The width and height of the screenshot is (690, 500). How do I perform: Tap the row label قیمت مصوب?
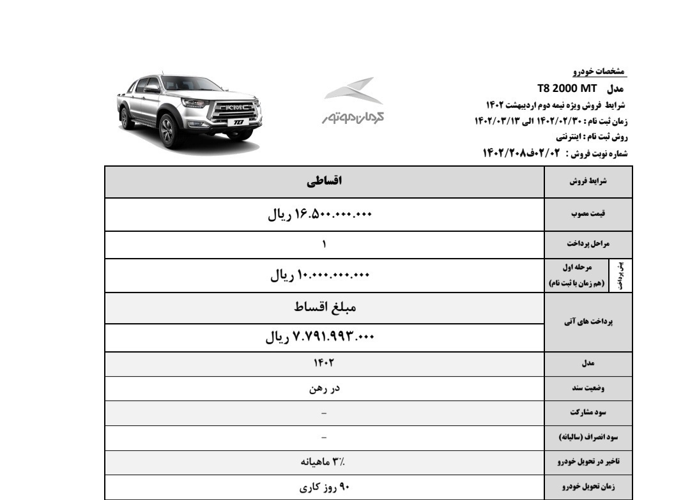click(588, 215)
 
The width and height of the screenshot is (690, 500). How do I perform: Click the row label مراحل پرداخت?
click(588, 244)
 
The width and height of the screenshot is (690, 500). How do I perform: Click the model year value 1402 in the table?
click(324, 363)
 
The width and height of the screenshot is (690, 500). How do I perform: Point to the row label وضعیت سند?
click(588, 388)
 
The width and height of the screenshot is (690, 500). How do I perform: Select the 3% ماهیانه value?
click(324, 461)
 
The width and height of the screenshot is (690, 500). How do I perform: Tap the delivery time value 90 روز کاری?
click(324, 487)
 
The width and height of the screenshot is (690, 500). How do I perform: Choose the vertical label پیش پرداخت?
click(621, 275)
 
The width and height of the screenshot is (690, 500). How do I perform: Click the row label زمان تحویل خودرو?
click(588, 487)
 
